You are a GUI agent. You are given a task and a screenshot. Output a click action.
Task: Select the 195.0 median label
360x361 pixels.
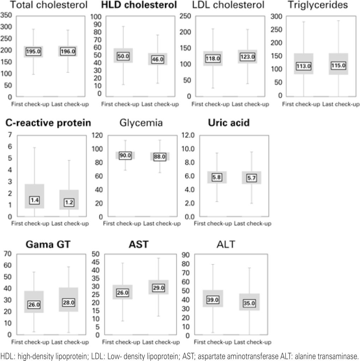coord(34,51)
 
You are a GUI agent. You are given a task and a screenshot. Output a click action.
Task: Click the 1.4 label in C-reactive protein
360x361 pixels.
coord(35,200)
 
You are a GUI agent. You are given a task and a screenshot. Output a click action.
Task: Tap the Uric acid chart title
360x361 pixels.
coord(229,123)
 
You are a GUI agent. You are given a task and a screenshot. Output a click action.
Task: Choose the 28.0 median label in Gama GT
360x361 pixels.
coord(68,302)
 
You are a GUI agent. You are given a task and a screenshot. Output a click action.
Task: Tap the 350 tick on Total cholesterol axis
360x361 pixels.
coord(7,15)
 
